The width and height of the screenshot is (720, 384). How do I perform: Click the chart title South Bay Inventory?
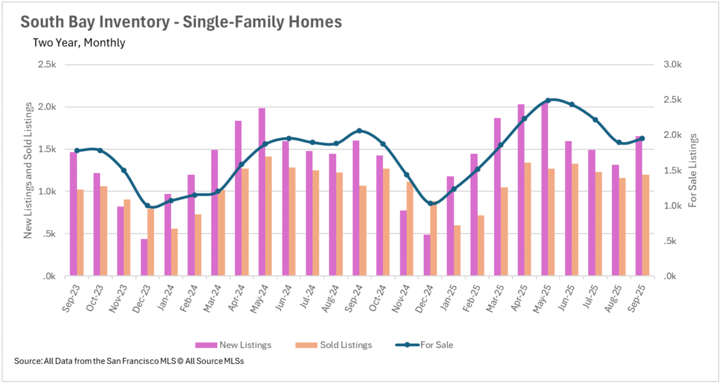point(181,22)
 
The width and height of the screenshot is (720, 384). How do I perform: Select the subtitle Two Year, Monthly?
point(79,43)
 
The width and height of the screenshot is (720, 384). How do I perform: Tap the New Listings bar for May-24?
point(262,192)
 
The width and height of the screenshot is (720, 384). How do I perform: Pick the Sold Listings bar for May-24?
point(268,216)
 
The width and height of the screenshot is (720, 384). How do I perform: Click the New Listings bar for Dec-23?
point(144,257)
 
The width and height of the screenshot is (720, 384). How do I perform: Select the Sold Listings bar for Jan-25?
point(457,250)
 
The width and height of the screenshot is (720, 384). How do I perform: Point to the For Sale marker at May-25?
point(548,100)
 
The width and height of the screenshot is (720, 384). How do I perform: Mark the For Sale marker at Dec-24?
point(430,203)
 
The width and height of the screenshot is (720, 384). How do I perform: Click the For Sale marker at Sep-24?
point(359,130)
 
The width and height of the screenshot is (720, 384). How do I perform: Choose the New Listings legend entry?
point(233,345)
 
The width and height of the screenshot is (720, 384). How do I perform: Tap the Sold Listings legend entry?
point(333,345)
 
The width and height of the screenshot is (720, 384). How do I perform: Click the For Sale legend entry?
point(424,345)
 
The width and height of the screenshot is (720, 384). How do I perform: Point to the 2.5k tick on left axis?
point(47,64)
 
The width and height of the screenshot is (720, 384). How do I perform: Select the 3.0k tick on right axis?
point(672,64)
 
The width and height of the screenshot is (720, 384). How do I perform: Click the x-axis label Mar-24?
point(212,298)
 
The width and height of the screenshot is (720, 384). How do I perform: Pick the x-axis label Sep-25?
point(636,298)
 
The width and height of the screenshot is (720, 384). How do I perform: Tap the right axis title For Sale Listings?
point(692,171)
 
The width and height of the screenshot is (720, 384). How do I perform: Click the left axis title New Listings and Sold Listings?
point(28,171)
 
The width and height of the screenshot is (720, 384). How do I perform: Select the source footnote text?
point(129,361)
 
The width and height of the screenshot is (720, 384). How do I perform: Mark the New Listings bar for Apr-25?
point(521,190)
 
